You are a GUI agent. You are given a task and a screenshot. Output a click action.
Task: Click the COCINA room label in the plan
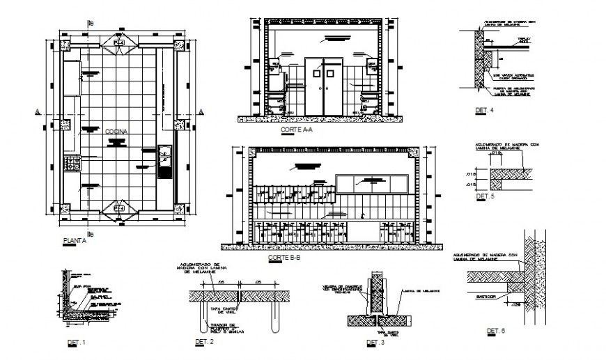tap(116, 131)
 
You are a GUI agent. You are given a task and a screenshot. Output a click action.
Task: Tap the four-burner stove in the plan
tap(72, 164)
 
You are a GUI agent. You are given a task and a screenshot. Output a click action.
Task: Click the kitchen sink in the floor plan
tap(165, 162)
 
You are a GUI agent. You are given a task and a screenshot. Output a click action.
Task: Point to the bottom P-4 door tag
tap(119, 208)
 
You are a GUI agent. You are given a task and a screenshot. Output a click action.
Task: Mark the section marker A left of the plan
tap(37, 111)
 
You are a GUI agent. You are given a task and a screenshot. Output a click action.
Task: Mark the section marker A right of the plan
tap(201, 111)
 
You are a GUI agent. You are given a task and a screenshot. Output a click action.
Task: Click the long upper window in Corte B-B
tap(371, 183)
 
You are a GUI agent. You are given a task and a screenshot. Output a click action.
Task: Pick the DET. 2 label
tap(203, 342)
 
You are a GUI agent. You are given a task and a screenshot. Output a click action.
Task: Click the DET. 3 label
tap(375, 343)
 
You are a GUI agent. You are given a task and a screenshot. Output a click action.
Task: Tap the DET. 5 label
tap(484, 197)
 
